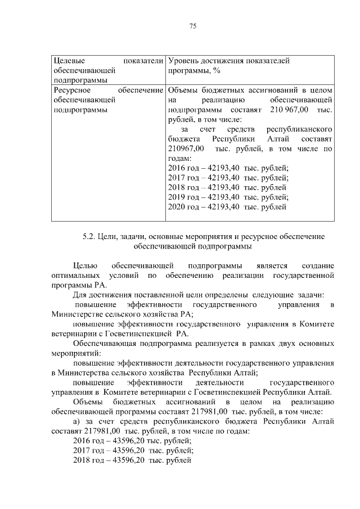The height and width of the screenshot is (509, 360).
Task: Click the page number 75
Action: [192, 26]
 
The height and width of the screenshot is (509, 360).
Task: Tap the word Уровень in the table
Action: [183, 60]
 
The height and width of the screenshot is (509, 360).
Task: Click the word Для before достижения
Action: [80, 295]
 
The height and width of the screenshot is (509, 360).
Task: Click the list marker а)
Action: [78, 421]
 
